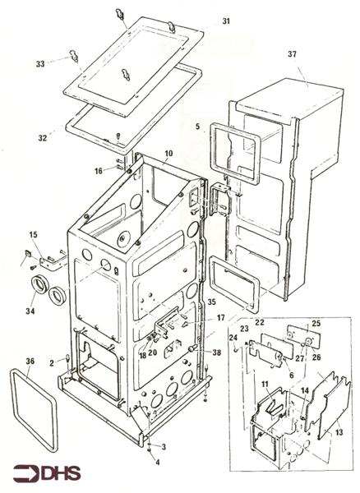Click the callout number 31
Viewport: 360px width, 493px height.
point(227,21)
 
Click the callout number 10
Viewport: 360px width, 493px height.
point(168,154)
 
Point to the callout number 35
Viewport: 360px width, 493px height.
point(211,302)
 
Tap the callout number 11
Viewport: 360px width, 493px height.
point(265,384)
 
